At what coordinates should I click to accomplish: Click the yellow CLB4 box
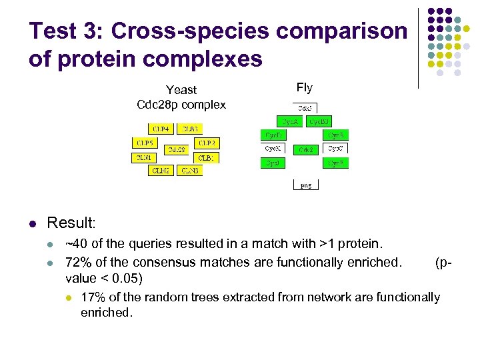pyautogui.click(x=160, y=129)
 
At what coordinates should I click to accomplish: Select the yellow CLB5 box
pyautogui.click(x=143, y=143)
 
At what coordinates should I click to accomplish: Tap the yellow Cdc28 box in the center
pyautogui.click(x=177, y=149)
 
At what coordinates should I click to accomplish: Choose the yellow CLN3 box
pyautogui.click(x=190, y=171)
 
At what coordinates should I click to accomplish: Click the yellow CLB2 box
pyautogui.click(x=207, y=143)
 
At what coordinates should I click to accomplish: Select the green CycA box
pyautogui.click(x=290, y=121)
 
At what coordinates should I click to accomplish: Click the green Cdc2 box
pyautogui.click(x=307, y=149)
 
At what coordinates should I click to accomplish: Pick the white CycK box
pyautogui.click(x=273, y=149)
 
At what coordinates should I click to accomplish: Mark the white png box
pyautogui.click(x=306, y=185)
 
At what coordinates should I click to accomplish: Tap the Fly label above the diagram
pyautogui.click(x=304, y=87)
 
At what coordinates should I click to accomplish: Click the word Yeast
pyautogui.click(x=181, y=89)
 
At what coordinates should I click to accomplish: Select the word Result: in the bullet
pyautogui.click(x=71, y=222)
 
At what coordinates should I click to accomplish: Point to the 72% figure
pyautogui.click(x=77, y=262)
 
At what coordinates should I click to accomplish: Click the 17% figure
pyautogui.click(x=92, y=297)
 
